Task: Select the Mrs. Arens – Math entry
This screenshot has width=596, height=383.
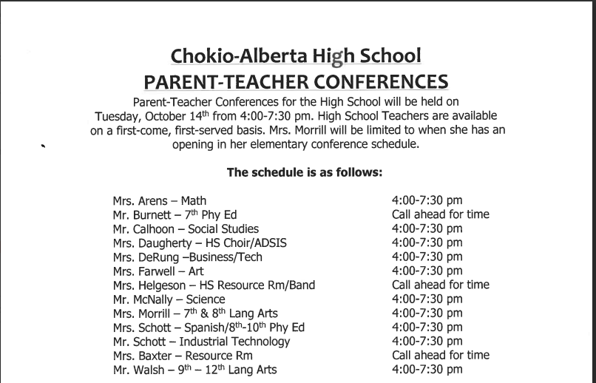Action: [160, 200]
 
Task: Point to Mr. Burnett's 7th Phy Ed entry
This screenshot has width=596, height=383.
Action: [175, 214]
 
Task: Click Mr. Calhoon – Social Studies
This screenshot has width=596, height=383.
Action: [186, 228]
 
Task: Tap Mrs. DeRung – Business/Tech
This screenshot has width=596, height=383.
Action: [187, 257]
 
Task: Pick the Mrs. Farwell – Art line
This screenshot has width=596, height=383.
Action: [158, 271]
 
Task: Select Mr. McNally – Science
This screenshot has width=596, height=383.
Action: [169, 299]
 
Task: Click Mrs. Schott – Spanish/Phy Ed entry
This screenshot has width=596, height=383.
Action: [209, 327]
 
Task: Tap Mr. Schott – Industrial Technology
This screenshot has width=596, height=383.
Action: [201, 341]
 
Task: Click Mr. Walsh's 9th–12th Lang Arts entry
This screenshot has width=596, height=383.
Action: [194, 369]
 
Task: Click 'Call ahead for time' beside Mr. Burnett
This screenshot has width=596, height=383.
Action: [440, 214]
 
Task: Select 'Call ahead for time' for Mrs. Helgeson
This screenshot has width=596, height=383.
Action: [440, 285]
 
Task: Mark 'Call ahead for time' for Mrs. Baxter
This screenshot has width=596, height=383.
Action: [440, 355]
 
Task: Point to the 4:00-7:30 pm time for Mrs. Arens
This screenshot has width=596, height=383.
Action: [427, 200]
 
